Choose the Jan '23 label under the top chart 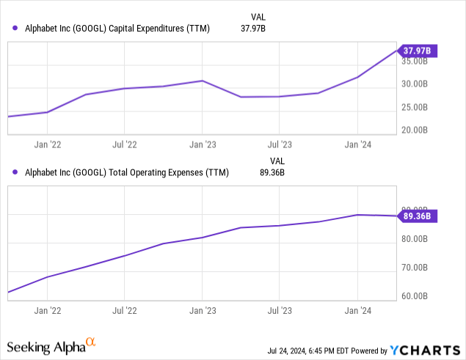[203, 145]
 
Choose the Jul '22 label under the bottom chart [125, 311]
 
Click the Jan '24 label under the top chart [357, 145]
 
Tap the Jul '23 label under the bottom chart [280, 311]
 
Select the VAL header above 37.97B [277, 16]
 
